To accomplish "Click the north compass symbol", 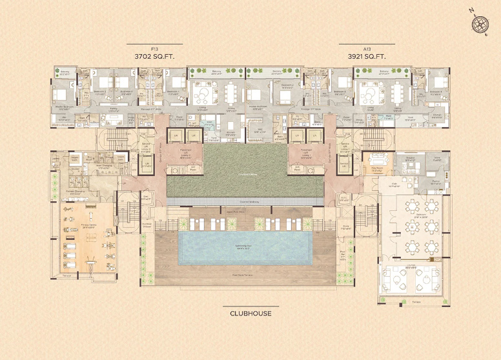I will tap(480, 24).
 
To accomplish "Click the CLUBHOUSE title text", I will tap(251, 314).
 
